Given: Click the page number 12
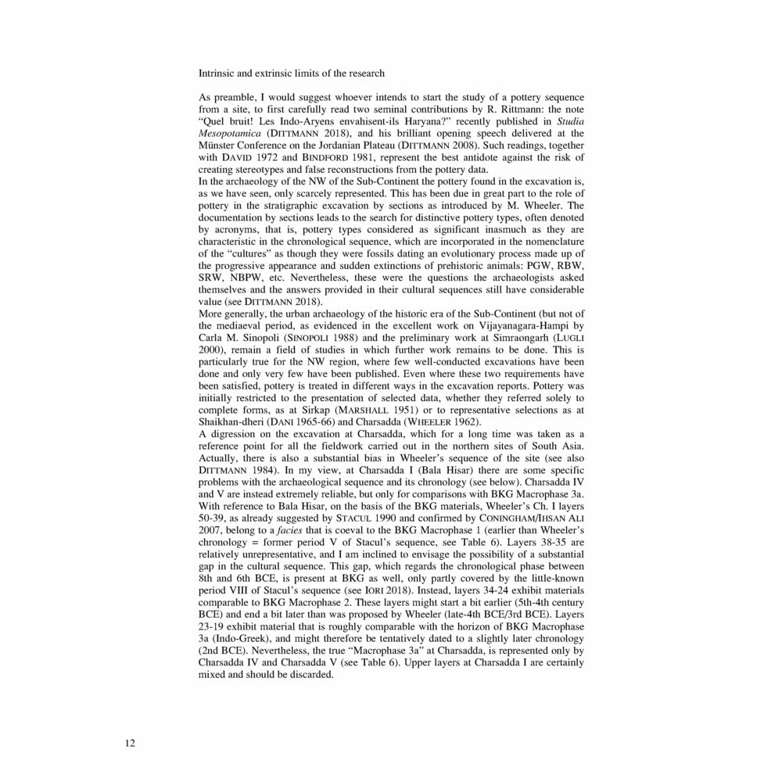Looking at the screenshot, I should click(x=130, y=743).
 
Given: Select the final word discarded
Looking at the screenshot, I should click(x=312, y=675).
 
